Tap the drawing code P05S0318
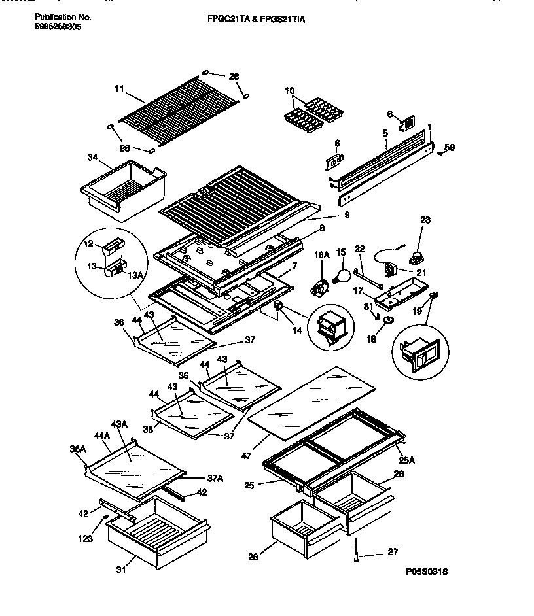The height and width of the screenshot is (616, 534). [x=426, y=571]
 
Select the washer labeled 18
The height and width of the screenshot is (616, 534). [x=387, y=320]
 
